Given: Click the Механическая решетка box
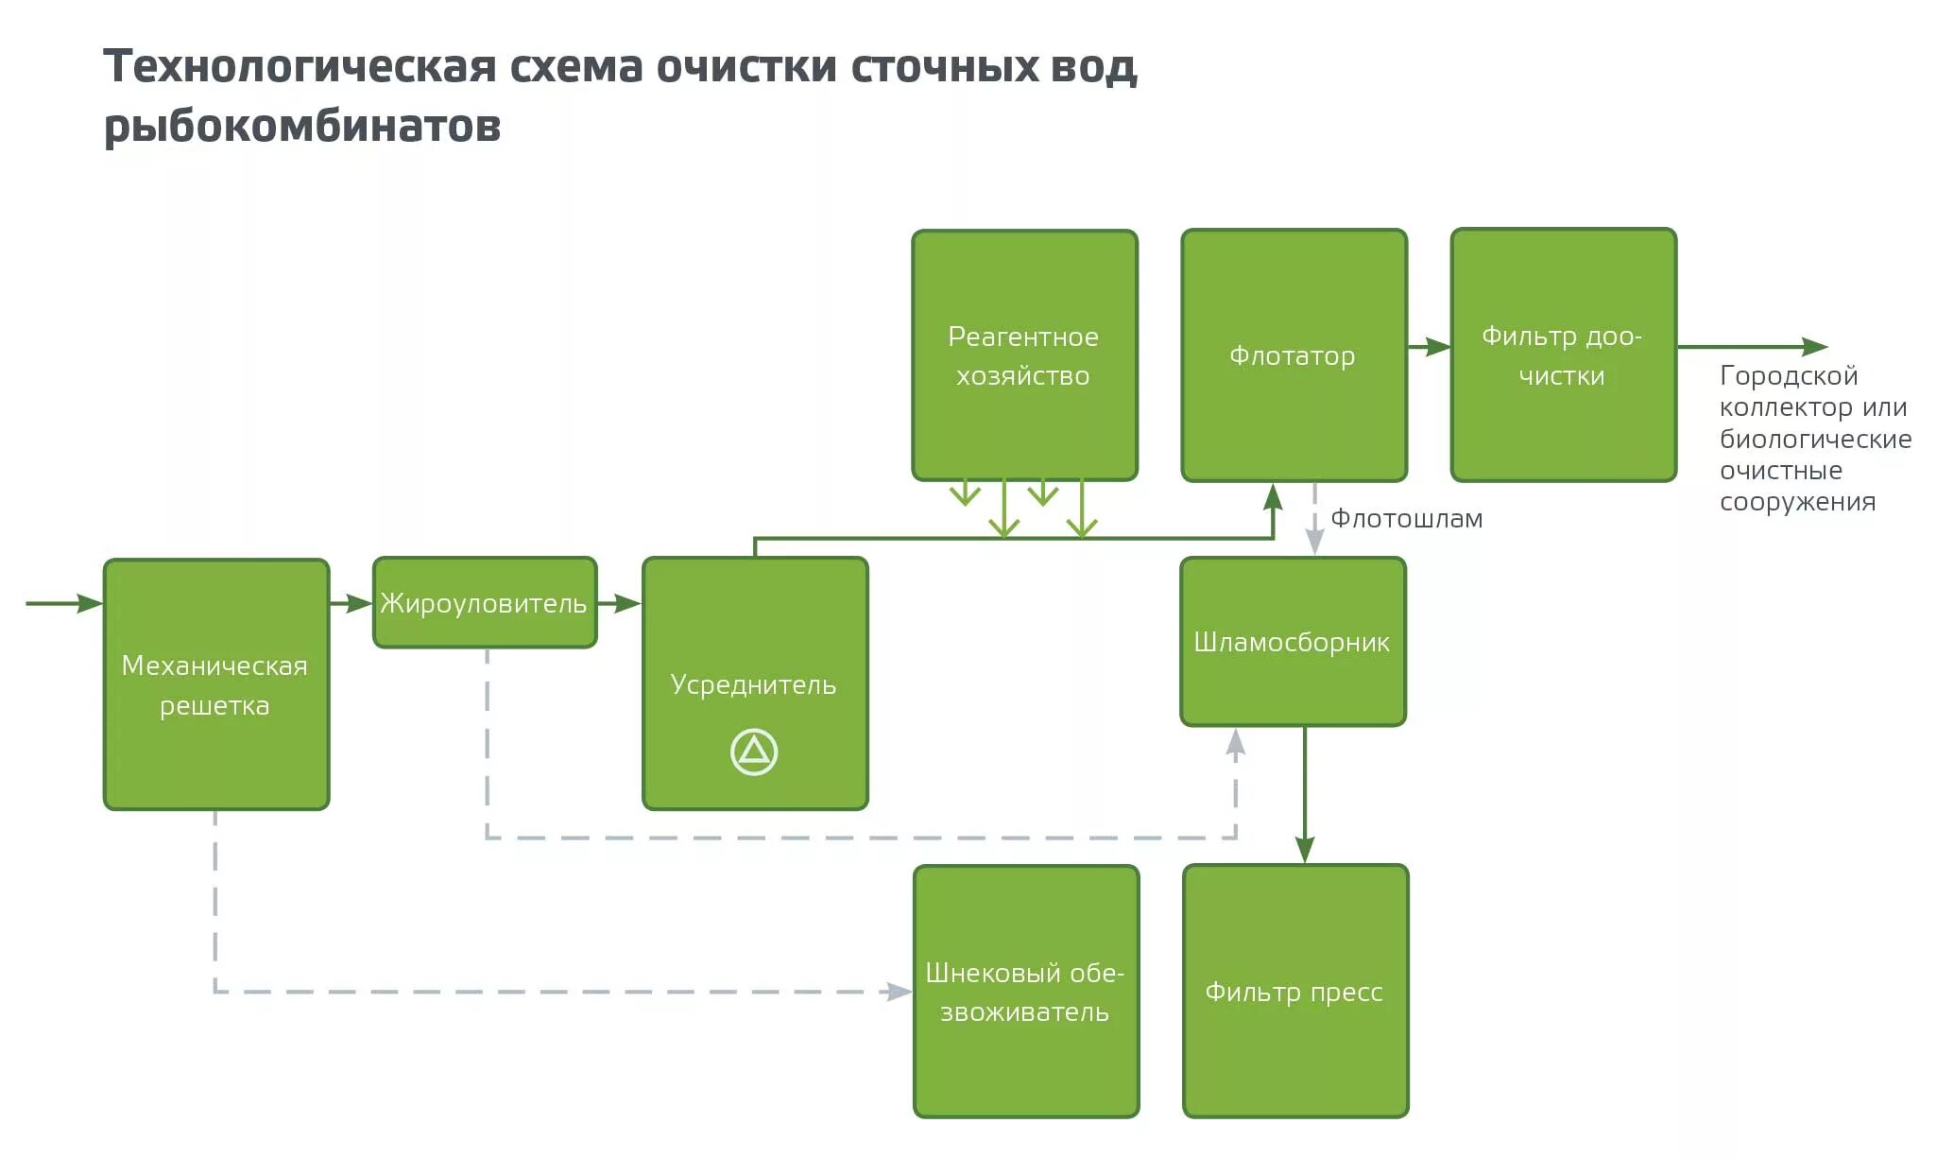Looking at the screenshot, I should pos(215,684).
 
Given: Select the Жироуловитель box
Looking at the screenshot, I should pos(484,603).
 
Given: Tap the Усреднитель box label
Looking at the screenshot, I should pos(753,684).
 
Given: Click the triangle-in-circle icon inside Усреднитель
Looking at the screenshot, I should pos(754,752).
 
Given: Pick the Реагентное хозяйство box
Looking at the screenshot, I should pos(1024,355).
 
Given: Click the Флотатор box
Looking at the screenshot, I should pos(1294,355).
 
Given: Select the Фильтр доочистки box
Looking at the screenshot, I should pos(1563,355).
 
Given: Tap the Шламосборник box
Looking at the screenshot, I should pos(1293,642).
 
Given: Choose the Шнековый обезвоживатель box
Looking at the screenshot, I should pos(1026,992).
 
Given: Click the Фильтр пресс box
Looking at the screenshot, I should pos(1294,992).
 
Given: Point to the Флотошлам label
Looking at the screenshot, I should pos(1406,519).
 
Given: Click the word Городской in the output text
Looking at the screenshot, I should pos(1789,376).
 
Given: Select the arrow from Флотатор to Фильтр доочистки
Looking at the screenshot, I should pos(1429,347).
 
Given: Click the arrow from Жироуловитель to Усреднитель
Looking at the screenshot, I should pos(620,603).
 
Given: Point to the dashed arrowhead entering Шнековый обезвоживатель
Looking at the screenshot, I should pos(899,992).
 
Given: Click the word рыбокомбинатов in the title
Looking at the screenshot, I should pos(302,126).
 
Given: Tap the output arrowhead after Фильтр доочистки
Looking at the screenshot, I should pos(1814,347).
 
